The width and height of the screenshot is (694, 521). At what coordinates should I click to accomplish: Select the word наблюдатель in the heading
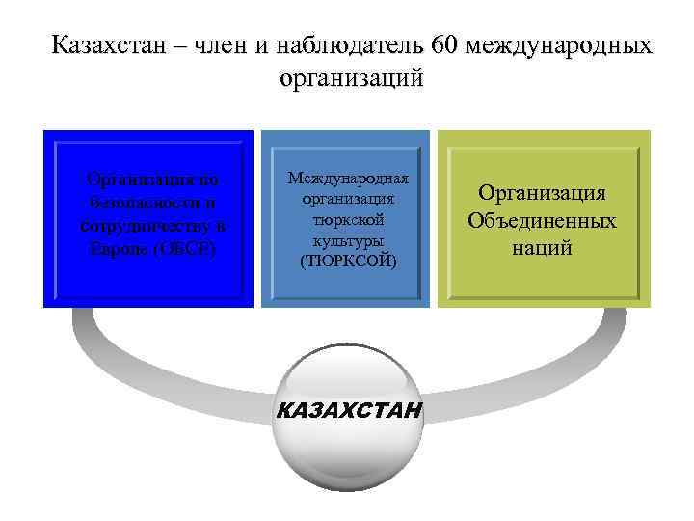[x=352, y=45]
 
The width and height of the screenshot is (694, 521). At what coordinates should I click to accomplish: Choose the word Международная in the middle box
[x=348, y=178]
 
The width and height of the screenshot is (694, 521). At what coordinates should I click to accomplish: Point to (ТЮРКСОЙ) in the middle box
[x=348, y=260]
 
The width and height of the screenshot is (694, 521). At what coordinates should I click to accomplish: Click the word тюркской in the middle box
[x=348, y=219]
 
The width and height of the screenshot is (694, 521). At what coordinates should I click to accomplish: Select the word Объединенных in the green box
[x=543, y=221]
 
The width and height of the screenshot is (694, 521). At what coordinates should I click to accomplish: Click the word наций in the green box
[x=543, y=248]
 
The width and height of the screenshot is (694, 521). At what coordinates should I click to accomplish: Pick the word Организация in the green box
[x=543, y=193]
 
